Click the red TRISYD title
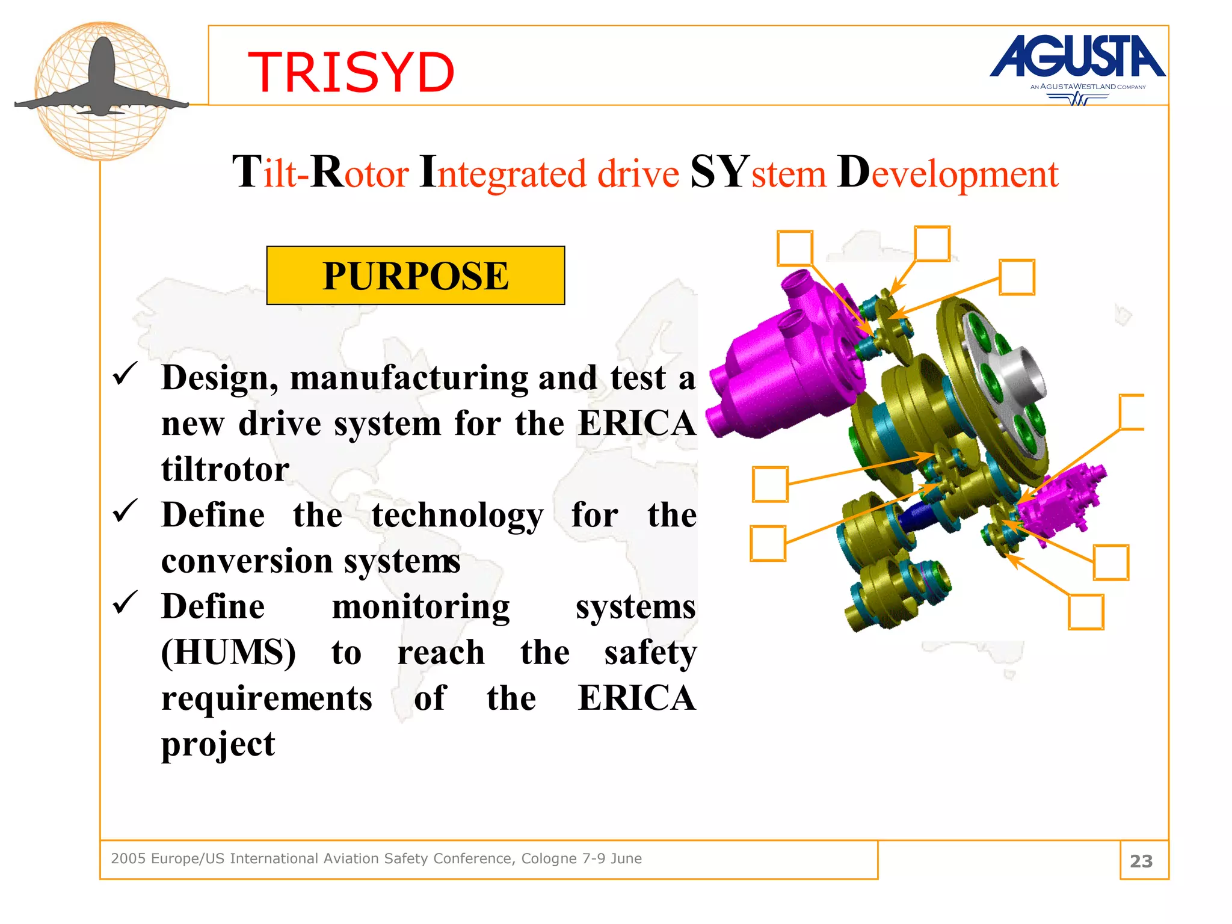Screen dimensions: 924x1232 point(351,73)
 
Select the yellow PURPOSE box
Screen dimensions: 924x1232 point(415,276)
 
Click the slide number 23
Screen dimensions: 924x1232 point(1141,861)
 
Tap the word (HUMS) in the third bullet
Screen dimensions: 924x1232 point(228,652)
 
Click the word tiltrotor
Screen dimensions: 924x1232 point(225,469)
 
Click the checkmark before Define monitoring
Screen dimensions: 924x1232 point(125,603)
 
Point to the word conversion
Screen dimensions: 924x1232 point(247,561)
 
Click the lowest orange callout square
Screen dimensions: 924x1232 point(1086,612)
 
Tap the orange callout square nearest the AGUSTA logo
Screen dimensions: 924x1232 point(1017,277)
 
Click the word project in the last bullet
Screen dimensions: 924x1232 point(218,745)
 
